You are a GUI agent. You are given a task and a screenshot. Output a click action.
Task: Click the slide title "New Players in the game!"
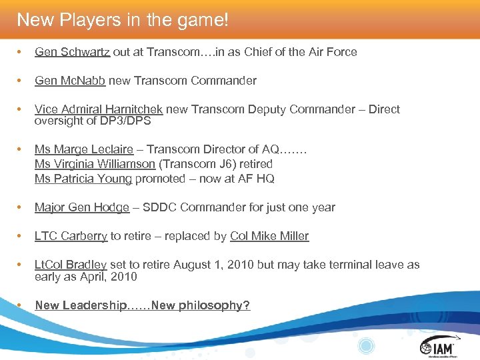click(123, 20)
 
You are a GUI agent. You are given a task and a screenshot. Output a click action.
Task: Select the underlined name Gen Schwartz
click(73, 52)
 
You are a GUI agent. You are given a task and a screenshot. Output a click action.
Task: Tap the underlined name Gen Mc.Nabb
click(70, 81)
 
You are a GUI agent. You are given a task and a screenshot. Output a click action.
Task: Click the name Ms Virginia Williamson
click(95, 164)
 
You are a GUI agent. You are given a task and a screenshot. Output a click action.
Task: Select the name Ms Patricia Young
click(83, 178)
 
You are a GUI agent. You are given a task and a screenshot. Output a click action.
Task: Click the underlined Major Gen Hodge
click(82, 207)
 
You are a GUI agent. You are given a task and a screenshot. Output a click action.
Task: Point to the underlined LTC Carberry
click(71, 236)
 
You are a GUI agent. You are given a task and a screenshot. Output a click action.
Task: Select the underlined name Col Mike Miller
click(269, 236)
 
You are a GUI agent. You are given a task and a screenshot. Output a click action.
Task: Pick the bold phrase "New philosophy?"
click(201, 305)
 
